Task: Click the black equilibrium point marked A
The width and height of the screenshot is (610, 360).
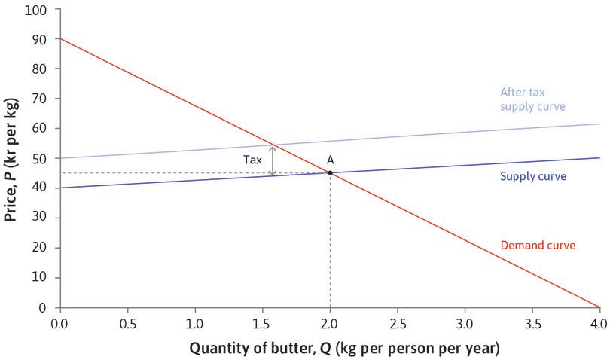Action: (x=330, y=173)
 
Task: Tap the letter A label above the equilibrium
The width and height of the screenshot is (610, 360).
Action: (x=330, y=160)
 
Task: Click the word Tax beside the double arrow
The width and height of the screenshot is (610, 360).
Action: (x=252, y=160)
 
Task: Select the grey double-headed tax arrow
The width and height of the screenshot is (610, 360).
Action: (x=273, y=160)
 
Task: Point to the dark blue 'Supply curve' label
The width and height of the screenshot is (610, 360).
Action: (x=532, y=176)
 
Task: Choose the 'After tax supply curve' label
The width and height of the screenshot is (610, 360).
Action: (x=532, y=99)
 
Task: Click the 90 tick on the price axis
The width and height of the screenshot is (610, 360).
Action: (x=40, y=39)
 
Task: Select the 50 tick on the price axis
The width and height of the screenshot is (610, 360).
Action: (x=40, y=158)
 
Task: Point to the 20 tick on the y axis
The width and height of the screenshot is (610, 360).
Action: (x=40, y=248)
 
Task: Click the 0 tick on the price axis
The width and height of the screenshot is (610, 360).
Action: (x=43, y=307)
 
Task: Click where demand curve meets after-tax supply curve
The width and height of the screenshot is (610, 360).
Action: (x=273, y=145)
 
